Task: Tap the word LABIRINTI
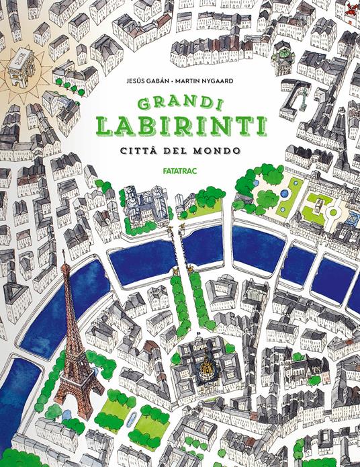pyautogui.click(x=179, y=126)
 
